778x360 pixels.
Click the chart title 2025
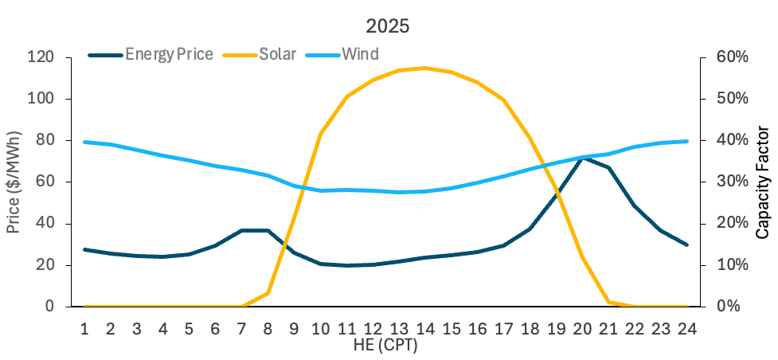(x=388, y=25)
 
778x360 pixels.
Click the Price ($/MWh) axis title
(x=14, y=182)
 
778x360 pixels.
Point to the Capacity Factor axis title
(x=763, y=182)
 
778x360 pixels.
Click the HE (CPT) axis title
(x=385, y=345)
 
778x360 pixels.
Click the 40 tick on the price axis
(x=45, y=224)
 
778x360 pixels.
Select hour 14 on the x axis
(x=424, y=327)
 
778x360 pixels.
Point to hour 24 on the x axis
(x=686, y=327)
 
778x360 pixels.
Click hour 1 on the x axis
(x=84, y=327)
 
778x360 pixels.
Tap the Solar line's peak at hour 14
(x=424, y=68)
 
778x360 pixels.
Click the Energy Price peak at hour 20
(x=582, y=158)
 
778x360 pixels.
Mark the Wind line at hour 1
(x=84, y=142)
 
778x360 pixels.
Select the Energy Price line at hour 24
(x=686, y=245)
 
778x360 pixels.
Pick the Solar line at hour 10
(x=320, y=134)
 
